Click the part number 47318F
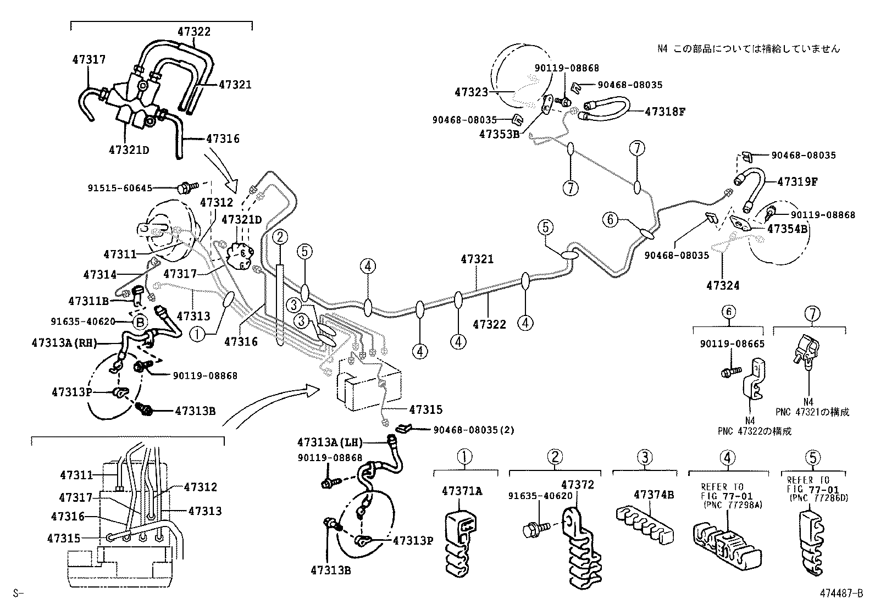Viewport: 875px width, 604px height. coord(665,111)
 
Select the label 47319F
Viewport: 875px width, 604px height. coord(796,181)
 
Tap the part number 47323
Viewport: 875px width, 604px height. coord(471,92)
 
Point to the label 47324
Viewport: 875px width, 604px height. coord(723,286)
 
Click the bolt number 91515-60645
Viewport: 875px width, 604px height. coord(120,187)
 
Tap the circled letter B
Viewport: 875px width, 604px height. coord(140,323)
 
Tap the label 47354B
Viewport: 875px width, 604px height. coord(787,229)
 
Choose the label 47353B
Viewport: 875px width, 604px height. coord(499,133)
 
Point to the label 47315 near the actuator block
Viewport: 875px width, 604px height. coord(425,409)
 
